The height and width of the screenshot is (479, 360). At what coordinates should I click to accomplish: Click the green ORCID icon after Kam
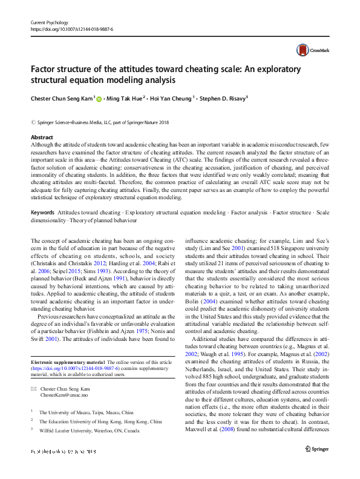(100, 97)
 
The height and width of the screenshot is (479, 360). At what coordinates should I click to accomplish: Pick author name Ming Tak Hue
(125, 97)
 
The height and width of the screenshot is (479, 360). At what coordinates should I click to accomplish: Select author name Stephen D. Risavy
(224, 97)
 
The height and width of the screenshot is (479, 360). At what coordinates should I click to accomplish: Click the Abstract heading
(42, 137)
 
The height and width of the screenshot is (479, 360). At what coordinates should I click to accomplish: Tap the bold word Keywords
(43, 213)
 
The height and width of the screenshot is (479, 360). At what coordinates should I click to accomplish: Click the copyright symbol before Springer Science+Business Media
(33, 122)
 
